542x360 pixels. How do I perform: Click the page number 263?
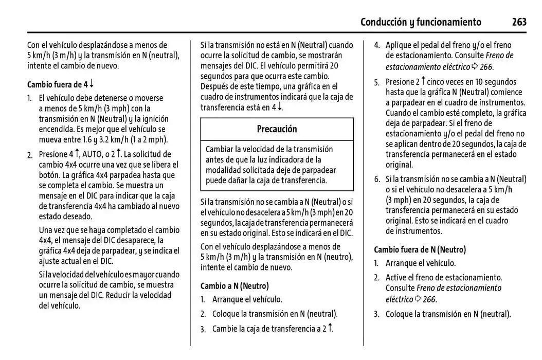[519, 22]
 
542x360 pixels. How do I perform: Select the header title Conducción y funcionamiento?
[421, 22]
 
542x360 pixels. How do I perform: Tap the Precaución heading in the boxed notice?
[277, 129]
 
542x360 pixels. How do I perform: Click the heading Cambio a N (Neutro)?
[234, 286]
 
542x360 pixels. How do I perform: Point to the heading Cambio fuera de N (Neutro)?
[420, 250]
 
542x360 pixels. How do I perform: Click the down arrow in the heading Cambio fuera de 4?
[92, 84]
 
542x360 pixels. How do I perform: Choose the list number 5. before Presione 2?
[377, 82]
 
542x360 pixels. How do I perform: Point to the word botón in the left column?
[50, 175]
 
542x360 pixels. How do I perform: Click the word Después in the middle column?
[215, 86]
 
